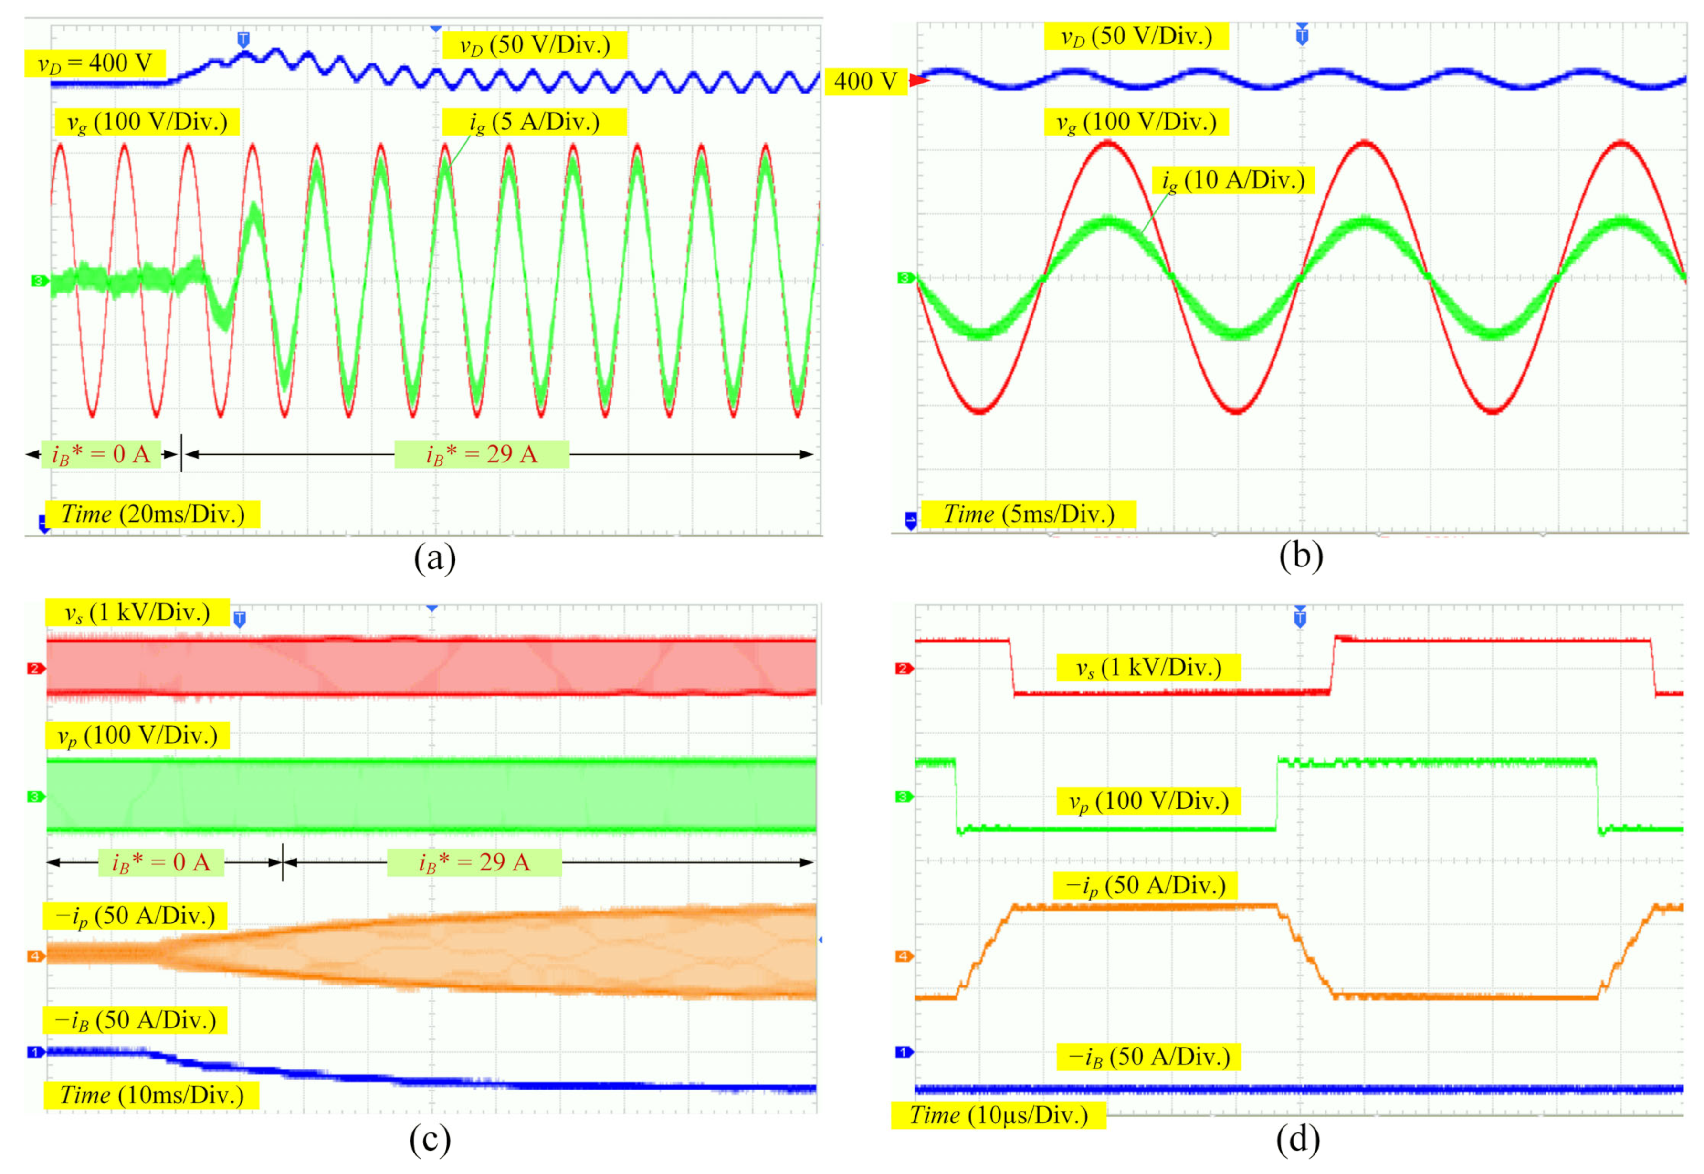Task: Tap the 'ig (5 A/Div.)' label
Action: [534, 122]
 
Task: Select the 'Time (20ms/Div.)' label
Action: [152, 514]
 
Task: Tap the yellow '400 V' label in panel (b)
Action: [865, 81]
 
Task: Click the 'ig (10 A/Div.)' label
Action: [1232, 180]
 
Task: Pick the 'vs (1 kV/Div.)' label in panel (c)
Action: [137, 612]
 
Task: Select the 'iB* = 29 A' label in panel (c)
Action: [474, 862]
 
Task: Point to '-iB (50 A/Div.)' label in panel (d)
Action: [1148, 1057]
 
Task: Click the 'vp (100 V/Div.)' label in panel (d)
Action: [1148, 801]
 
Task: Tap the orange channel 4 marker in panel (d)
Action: [904, 956]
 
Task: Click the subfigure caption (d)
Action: [1298, 1140]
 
